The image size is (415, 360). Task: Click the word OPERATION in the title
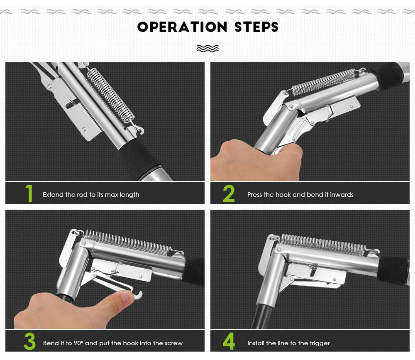pyautogui.click(x=182, y=27)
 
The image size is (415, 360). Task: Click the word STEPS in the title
pyautogui.click(x=256, y=27)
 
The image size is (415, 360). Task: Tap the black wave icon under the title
pyautogui.click(x=208, y=48)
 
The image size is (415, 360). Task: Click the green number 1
pyautogui.click(x=29, y=193)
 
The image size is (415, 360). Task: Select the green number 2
pyautogui.click(x=229, y=193)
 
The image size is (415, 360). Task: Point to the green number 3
pyautogui.click(x=29, y=341)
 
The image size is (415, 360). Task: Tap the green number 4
pyautogui.click(x=229, y=341)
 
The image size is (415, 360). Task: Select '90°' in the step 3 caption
pyautogui.click(x=78, y=343)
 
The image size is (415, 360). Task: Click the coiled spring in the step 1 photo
pyautogui.click(x=110, y=96)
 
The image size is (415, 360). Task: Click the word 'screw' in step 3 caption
pyautogui.click(x=173, y=343)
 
